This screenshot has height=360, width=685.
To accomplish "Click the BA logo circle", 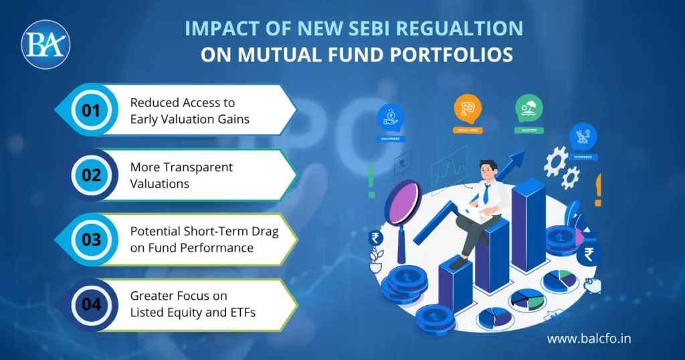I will [x=45, y=44].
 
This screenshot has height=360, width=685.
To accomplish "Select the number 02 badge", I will [x=91, y=175].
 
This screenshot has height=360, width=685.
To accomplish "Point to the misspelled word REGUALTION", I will [x=452, y=30].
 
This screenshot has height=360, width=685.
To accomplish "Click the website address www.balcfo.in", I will [x=589, y=339].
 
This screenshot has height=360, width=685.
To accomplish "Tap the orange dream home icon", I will [x=468, y=108].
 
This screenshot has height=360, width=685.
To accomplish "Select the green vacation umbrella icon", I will [x=528, y=108].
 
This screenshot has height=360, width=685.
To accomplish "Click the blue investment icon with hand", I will [x=391, y=117].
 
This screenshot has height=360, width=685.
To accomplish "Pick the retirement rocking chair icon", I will [x=583, y=136].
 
